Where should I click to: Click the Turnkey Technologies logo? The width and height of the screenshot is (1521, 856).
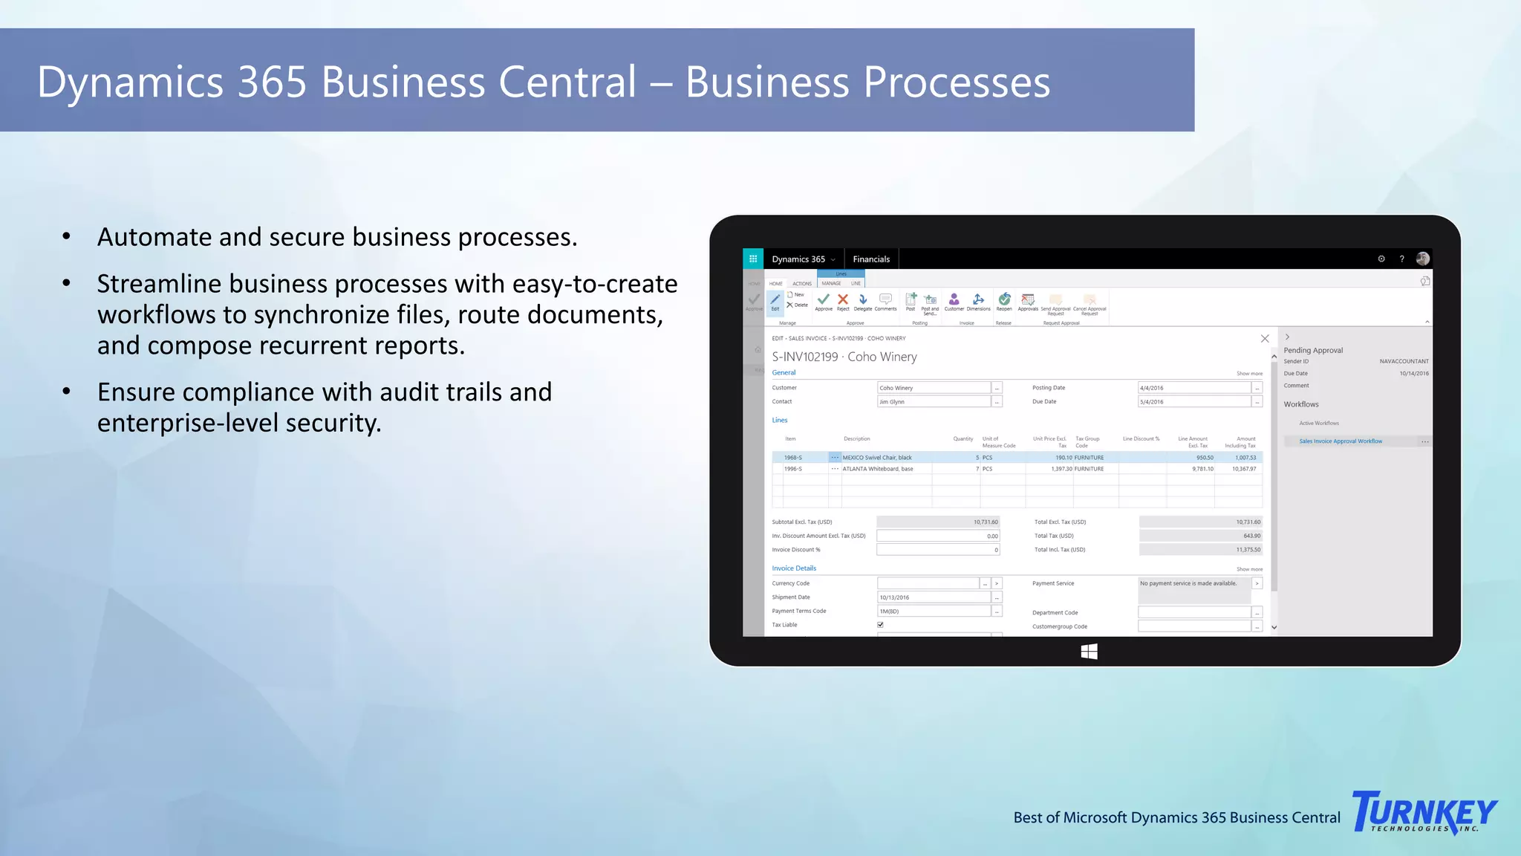(x=1424, y=812)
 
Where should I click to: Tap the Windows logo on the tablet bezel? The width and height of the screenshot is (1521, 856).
(x=1089, y=652)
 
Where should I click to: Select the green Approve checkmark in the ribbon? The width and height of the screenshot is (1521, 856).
(x=824, y=299)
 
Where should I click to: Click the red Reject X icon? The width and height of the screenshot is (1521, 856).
(x=843, y=299)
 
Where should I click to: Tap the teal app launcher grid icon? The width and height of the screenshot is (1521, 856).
(x=753, y=259)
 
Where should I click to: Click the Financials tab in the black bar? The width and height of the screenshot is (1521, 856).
(x=871, y=259)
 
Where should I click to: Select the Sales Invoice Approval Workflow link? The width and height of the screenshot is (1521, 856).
(x=1341, y=441)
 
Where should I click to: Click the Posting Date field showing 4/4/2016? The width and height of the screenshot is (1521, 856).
(x=1193, y=388)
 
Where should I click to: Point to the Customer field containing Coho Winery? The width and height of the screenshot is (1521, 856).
(x=934, y=388)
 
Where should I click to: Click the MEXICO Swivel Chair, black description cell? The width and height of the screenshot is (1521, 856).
(x=877, y=458)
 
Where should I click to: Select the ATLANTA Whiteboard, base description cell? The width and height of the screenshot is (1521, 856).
(x=878, y=469)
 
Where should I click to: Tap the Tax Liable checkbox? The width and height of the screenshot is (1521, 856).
(x=881, y=625)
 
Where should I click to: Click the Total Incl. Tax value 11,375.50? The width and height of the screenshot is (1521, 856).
(x=1248, y=550)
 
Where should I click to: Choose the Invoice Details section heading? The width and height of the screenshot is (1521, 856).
(x=794, y=568)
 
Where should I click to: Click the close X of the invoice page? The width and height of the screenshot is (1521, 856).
(x=1265, y=339)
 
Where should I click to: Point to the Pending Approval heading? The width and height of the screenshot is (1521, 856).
(x=1313, y=350)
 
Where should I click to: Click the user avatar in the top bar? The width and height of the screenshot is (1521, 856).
(x=1423, y=259)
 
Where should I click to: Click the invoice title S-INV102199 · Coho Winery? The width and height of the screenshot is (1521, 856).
(x=844, y=357)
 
